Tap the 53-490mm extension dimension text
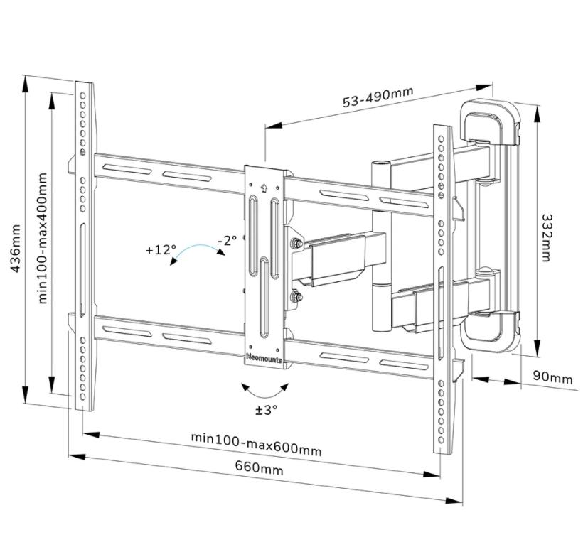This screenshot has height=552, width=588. click(x=378, y=97)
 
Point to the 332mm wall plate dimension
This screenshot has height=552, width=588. click(x=547, y=237)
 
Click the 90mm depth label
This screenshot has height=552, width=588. click(x=552, y=378)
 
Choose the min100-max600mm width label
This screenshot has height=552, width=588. click(x=256, y=445)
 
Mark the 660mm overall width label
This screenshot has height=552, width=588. click(x=259, y=470)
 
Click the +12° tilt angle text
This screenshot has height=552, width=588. click(x=160, y=250)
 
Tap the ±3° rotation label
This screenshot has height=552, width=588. click(x=267, y=410)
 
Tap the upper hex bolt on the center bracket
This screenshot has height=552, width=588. click(x=295, y=245)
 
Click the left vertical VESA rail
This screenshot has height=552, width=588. click(x=84, y=245)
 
